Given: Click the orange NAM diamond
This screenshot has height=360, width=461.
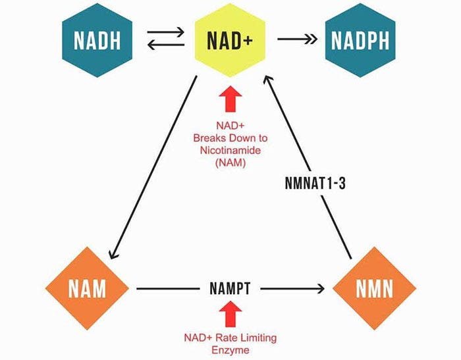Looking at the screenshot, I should click(88, 288).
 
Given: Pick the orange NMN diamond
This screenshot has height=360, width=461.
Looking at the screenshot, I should click(374, 288).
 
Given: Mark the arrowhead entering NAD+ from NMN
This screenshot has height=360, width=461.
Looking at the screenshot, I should click(267, 78).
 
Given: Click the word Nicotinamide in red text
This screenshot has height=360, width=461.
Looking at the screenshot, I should click(230, 150).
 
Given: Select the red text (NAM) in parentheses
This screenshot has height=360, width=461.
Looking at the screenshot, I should click(230, 162).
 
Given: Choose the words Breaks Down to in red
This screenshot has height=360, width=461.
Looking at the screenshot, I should click(230, 138).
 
